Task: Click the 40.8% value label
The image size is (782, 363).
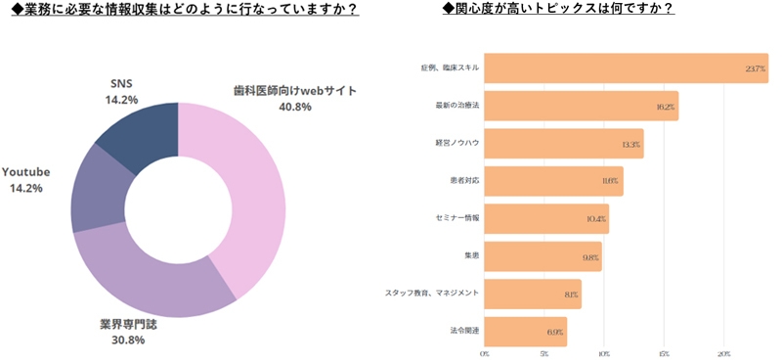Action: click(294, 106)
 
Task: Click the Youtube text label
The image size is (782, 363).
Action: click(26, 171)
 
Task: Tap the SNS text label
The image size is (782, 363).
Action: click(121, 83)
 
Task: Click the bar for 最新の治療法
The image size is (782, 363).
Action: click(582, 106)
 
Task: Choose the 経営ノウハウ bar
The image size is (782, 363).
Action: click(564, 144)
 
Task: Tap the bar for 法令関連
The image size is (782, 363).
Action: click(526, 333)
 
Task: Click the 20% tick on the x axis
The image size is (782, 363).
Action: click(724, 353)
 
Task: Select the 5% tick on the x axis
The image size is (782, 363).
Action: click(544, 353)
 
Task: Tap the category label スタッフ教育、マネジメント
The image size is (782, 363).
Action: click(432, 294)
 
